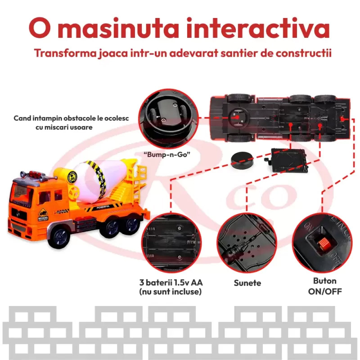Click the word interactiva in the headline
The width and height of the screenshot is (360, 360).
(x=258, y=28)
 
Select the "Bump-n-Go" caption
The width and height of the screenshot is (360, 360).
(x=167, y=154)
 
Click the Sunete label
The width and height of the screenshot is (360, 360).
(x=247, y=283)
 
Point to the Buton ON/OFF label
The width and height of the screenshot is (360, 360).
(x=325, y=286)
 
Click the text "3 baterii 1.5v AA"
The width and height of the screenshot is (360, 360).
(x=171, y=283)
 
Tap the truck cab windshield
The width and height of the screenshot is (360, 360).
(x=22, y=192)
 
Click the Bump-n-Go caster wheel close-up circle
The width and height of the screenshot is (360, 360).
(x=168, y=118)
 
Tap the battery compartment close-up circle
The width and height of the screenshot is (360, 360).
(x=171, y=243)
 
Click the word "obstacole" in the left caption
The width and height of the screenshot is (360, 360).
(x=82, y=118)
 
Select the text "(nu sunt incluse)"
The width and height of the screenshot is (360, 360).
(x=171, y=292)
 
